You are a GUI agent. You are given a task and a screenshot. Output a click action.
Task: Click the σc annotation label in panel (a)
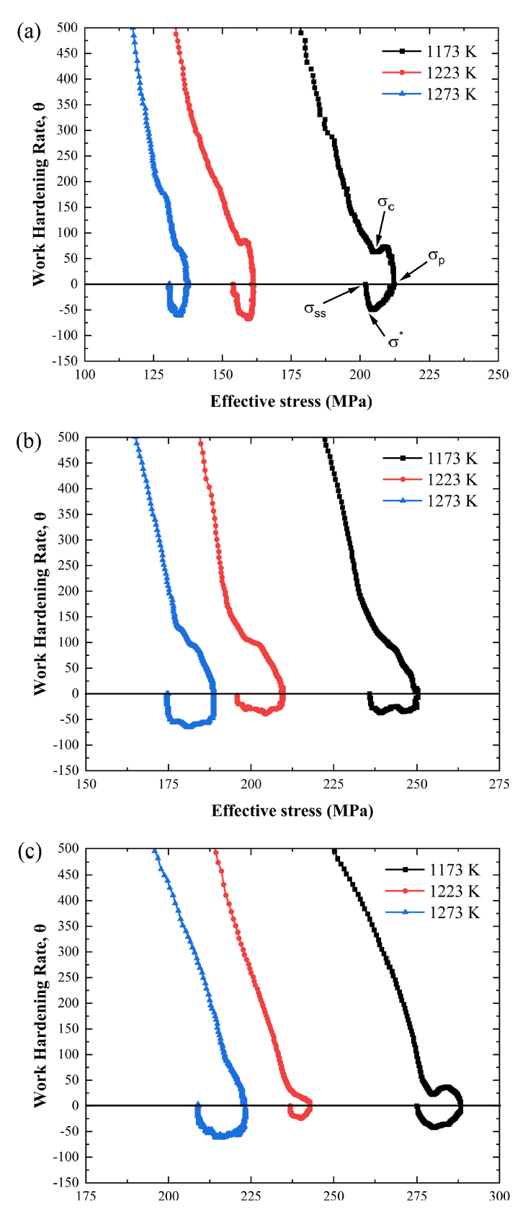coord(386,204)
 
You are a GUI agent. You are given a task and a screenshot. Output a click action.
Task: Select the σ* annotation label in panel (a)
coord(395,341)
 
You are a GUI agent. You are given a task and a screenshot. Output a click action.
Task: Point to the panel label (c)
coord(29,852)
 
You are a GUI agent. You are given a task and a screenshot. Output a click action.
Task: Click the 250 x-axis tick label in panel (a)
coord(498,374)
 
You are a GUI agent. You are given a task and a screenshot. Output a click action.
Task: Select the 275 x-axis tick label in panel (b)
coord(498,784)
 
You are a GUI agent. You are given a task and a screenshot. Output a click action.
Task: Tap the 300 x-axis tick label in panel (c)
coord(498,1196)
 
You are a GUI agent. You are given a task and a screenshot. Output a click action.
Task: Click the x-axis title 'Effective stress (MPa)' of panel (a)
coord(291,402)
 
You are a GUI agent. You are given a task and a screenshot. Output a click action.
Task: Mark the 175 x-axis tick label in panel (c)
coord(86,1196)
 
